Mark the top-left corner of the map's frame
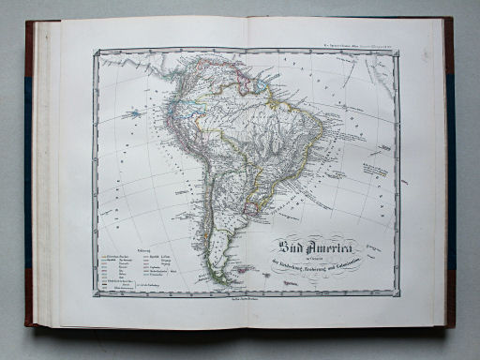pyautogui.click(x=94, y=52)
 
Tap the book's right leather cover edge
pyautogui.click(x=451, y=169)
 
